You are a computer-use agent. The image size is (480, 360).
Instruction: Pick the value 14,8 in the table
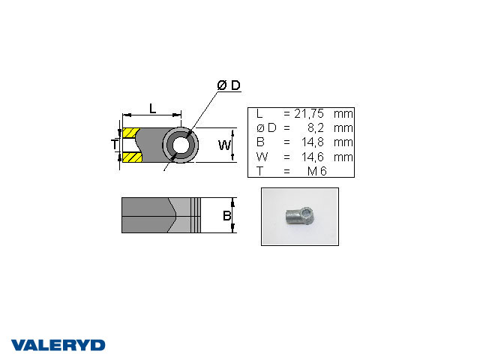(x=311, y=142)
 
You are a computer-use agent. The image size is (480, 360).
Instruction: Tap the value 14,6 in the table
(x=311, y=157)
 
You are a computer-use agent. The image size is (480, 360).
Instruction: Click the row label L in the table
(x=259, y=113)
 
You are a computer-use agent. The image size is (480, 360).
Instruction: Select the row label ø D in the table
(x=265, y=127)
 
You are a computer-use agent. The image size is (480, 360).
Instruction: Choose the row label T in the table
(x=259, y=171)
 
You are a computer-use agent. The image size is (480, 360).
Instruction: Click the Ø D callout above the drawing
(x=229, y=85)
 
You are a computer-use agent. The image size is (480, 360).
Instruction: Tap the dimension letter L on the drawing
(x=152, y=108)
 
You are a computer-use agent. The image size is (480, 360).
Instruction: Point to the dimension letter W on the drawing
(x=224, y=145)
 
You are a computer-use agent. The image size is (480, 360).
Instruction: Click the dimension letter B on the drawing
(x=225, y=216)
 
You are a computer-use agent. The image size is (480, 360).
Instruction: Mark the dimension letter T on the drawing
(x=115, y=144)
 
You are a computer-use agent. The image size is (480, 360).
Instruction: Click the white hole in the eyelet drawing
(x=181, y=145)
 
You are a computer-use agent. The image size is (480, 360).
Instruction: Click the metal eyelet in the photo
(x=298, y=216)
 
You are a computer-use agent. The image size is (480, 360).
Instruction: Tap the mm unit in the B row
(x=343, y=142)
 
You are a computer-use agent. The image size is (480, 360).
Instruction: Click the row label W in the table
(x=260, y=157)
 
